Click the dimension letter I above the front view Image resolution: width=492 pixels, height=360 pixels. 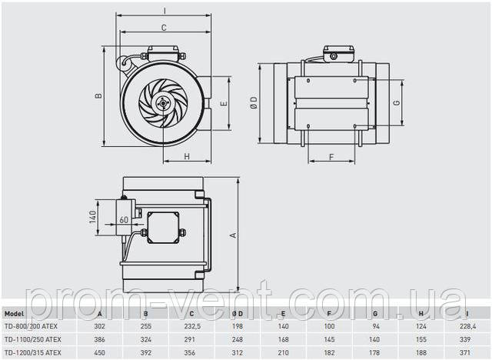(165, 9)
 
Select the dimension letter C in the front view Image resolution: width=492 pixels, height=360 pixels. (164, 27)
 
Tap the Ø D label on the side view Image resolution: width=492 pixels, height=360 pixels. (253, 104)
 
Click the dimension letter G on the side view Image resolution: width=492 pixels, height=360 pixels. (396, 103)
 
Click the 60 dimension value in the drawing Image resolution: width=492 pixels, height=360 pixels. (123, 219)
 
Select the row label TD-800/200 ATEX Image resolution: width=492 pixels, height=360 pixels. (33, 325)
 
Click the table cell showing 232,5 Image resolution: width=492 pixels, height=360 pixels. (191, 325)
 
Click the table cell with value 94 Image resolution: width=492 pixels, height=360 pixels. (377, 325)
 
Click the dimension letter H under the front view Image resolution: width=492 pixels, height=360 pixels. (187, 156)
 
